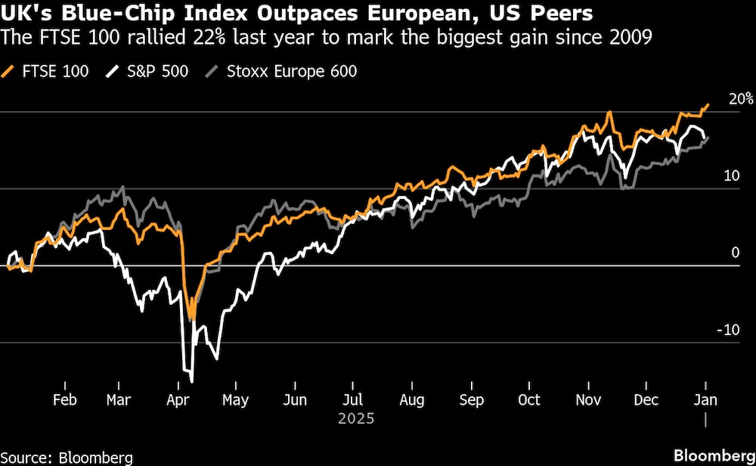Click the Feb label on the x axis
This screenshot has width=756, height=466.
pos(64,399)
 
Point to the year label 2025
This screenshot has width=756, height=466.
pos(353,417)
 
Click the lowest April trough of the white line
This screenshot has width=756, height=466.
pos(192,381)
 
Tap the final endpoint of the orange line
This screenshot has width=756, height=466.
pos(708,105)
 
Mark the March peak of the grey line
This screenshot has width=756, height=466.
pos(122,187)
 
